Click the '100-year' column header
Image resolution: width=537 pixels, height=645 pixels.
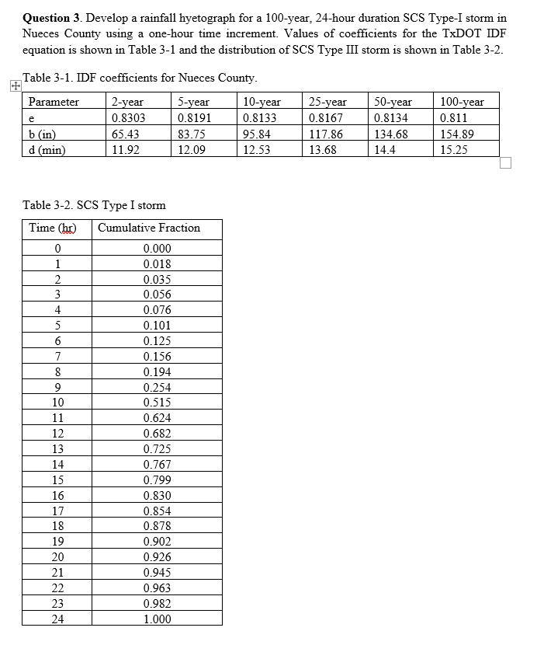461,102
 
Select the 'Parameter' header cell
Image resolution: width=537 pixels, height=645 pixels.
54,102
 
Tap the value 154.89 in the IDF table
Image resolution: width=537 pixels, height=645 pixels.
456,134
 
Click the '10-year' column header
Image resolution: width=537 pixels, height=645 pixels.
262,102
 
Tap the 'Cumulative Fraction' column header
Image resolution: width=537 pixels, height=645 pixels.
148,228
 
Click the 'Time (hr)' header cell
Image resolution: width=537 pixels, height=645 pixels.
52,228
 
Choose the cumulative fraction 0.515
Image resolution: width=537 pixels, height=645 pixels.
158,403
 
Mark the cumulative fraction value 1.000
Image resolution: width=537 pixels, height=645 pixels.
158,619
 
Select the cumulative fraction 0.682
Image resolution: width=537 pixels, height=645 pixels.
158,434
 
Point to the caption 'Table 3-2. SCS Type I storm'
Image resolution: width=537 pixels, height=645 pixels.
94,205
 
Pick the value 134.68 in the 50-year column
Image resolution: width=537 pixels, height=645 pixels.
391,134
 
